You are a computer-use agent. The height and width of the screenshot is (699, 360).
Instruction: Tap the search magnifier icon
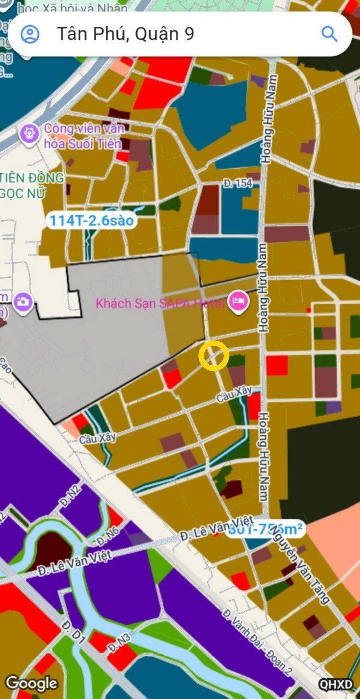pyautogui.click(x=329, y=34)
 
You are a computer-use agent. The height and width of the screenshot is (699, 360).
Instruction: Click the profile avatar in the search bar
pyautogui.click(x=30, y=34)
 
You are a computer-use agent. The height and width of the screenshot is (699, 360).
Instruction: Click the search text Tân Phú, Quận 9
pyautogui.click(x=126, y=34)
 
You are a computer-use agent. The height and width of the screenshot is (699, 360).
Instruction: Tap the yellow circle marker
pyautogui.click(x=213, y=356)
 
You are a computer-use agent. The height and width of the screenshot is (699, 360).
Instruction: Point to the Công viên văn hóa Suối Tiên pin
pyautogui.click(x=28, y=133)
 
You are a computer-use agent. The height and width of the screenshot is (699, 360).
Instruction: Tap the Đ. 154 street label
pyautogui.click(x=238, y=184)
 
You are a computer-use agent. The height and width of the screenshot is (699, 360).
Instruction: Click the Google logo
pyautogui.click(x=31, y=683)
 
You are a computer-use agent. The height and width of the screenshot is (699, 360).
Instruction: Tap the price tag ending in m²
pyautogui.click(x=265, y=529)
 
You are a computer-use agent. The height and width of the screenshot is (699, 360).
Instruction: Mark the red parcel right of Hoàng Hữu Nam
pyautogui.click(x=277, y=365)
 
